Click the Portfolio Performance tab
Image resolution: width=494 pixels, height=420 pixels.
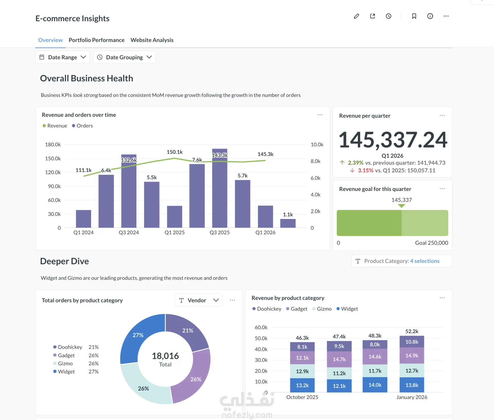[96, 40]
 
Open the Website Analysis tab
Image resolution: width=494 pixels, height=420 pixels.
[152, 40]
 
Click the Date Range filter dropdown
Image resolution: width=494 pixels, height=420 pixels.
[63, 57]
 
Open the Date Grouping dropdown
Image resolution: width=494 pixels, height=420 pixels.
[125, 57]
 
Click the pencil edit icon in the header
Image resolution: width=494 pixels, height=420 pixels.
[356, 16]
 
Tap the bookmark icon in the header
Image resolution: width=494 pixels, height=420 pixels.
[414, 16]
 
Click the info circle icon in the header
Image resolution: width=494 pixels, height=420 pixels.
[430, 16]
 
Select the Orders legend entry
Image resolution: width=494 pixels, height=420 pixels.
[82, 126]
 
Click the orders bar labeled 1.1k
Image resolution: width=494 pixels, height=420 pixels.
[288, 223]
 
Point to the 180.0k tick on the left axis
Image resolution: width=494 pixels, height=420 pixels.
[53, 144]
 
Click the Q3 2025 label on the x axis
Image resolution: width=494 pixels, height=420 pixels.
[219, 232]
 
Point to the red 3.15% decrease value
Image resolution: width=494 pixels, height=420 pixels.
[365, 170]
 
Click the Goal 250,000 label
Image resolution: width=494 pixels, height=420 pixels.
[431, 243]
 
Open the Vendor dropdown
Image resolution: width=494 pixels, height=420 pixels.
[198, 300]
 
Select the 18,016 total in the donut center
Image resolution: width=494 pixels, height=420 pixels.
[165, 356]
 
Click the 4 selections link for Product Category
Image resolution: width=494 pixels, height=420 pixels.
[425, 261]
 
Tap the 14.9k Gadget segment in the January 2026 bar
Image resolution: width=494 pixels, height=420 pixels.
[412, 355]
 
